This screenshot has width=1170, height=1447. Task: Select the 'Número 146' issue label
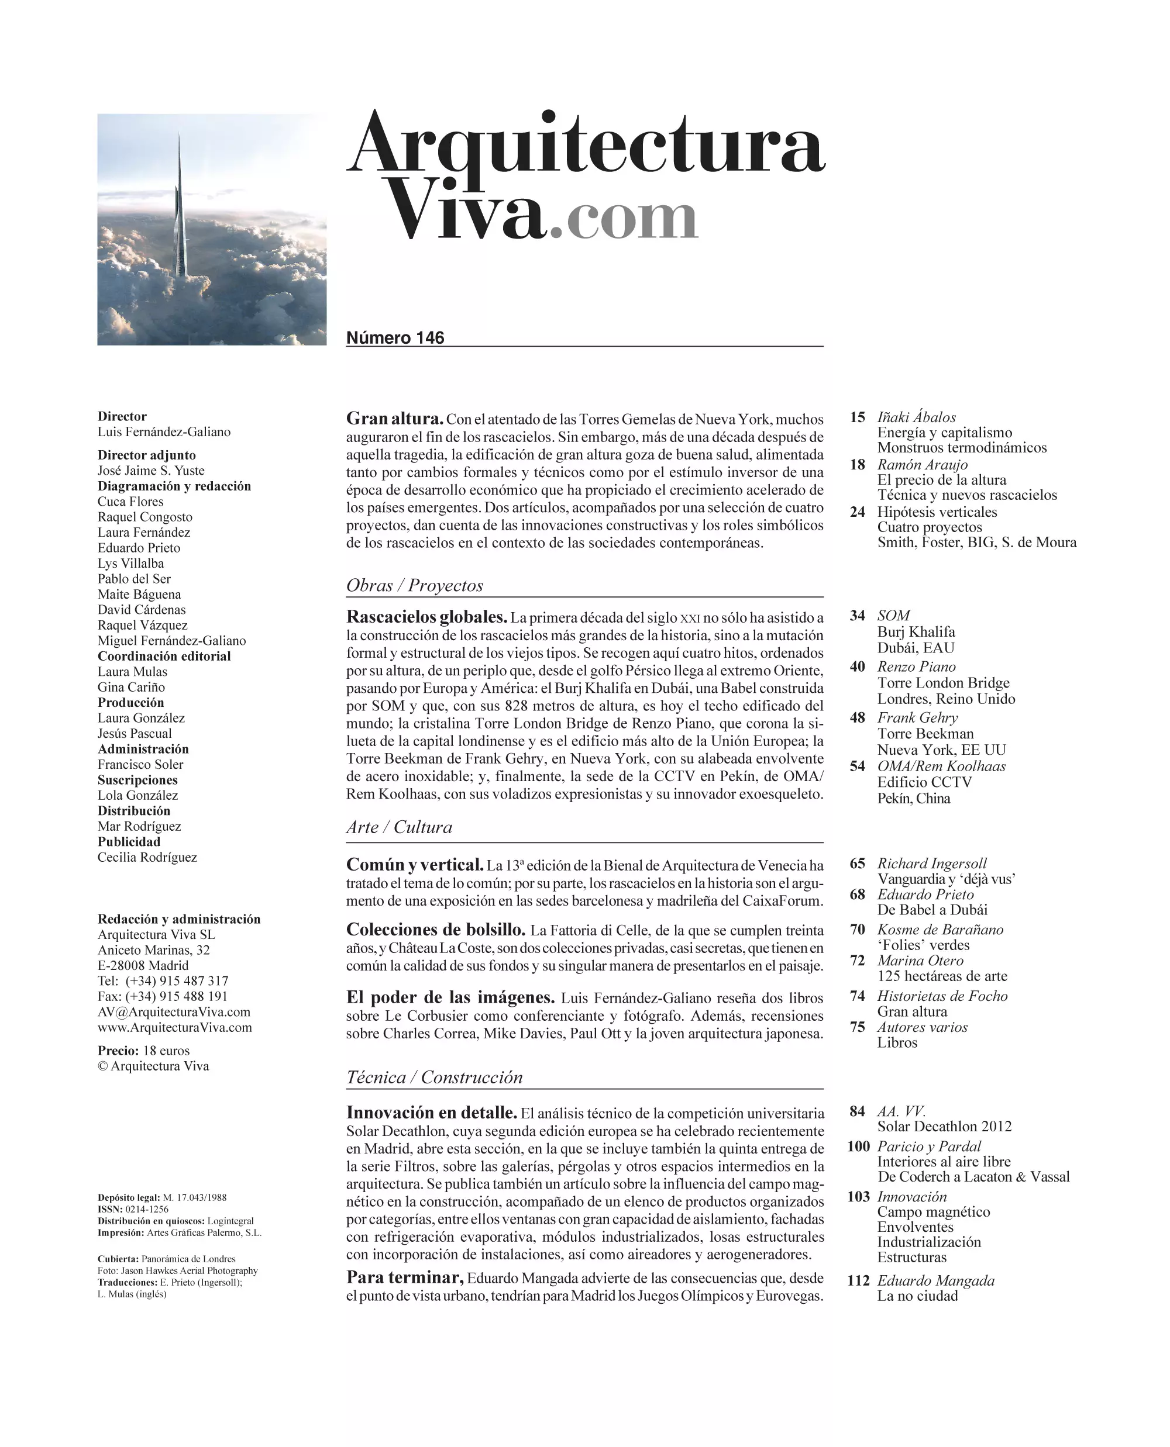coord(395,337)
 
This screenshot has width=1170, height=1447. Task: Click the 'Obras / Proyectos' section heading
coord(415,585)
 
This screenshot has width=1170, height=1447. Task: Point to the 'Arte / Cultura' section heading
coord(399,827)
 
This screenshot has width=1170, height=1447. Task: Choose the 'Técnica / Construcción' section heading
coord(434,1076)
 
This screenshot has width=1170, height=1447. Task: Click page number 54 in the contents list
coord(856,766)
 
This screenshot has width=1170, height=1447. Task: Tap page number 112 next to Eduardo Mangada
coord(858,1280)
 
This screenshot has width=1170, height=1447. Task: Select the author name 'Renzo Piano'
coord(916,666)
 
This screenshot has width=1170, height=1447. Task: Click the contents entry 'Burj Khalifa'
coord(916,631)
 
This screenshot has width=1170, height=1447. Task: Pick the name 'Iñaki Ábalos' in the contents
coord(916,417)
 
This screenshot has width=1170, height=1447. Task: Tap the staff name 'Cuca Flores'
coord(130,501)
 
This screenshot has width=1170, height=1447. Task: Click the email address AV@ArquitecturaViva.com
coord(174,1012)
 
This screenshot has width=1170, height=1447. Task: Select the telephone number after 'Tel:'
coord(177,981)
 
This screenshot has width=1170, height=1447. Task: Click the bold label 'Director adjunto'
coord(146,455)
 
